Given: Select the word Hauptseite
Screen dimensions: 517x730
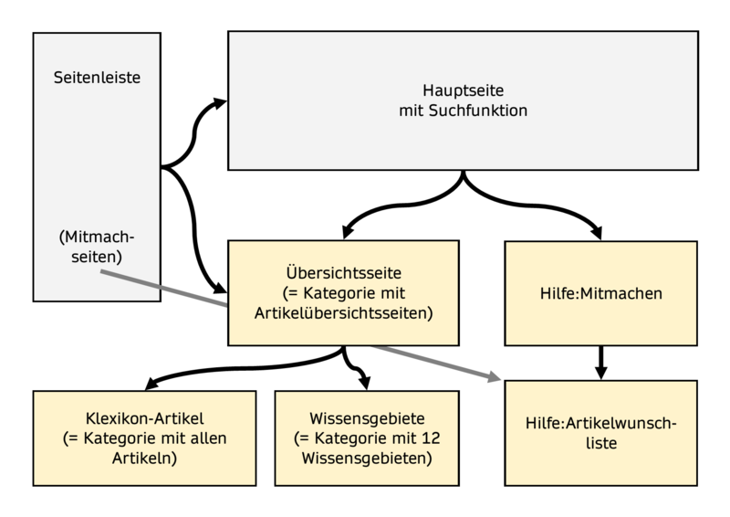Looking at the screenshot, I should [464, 91].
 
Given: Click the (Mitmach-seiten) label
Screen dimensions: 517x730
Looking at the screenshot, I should [97, 247].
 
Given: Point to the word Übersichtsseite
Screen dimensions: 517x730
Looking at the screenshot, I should [342, 273].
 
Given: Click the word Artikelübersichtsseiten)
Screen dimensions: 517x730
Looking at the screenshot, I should [342, 312].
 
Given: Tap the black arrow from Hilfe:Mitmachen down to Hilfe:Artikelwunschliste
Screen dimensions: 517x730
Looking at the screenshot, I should [600, 361].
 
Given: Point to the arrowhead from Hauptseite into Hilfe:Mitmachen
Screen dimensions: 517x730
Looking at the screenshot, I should [598, 232].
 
